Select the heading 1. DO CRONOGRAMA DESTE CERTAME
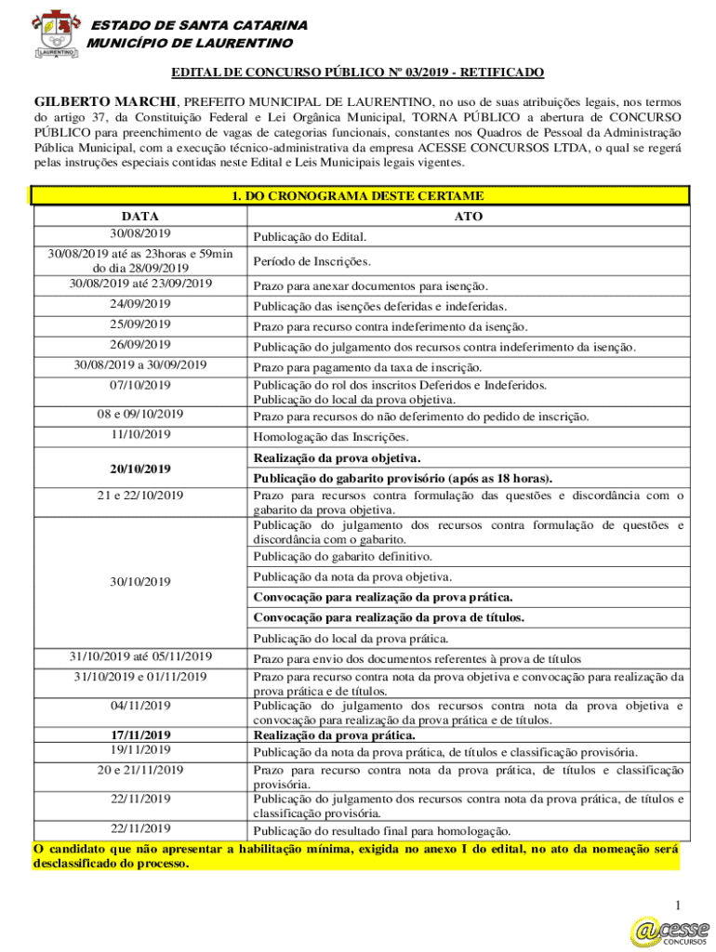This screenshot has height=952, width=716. [359, 196]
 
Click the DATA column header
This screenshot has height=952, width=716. [139, 216]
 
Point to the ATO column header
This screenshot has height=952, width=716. [467, 216]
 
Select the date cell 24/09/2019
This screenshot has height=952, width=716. [139, 304]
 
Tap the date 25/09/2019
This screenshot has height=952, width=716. [139, 324]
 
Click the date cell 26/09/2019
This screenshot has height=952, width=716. [139, 345]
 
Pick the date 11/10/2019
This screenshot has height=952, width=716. [139, 434]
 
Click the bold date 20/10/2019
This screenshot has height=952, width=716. [139, 469]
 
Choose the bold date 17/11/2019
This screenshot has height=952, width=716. [139, 734]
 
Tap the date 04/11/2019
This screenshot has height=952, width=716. [139, 706]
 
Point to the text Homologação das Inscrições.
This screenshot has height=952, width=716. [330, 437]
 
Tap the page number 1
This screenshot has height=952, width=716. [679, 906]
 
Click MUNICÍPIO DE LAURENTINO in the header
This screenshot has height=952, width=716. [190, 43]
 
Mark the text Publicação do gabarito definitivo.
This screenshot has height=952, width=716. [342, 557]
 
